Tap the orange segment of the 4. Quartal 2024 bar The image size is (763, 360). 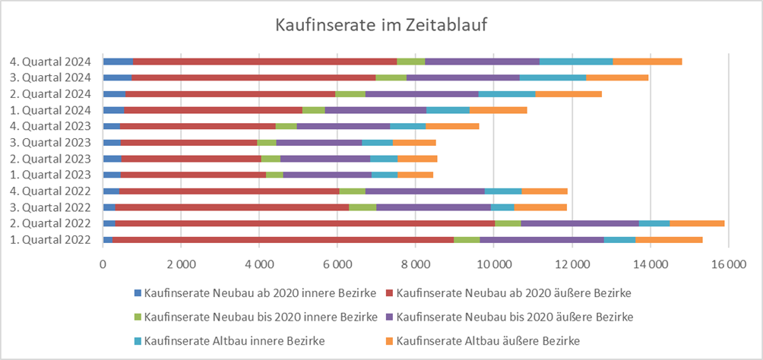point(647,62)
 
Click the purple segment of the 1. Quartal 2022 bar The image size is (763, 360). point(542,239)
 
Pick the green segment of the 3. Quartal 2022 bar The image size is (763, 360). point(363,207)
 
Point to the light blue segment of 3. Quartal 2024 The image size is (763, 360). point(552,77)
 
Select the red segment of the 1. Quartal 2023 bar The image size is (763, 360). point(193,175)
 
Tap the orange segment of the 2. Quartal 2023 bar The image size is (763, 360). point(417,158)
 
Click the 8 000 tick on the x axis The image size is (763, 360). point(415,264)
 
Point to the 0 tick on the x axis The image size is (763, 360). point(103,264)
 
